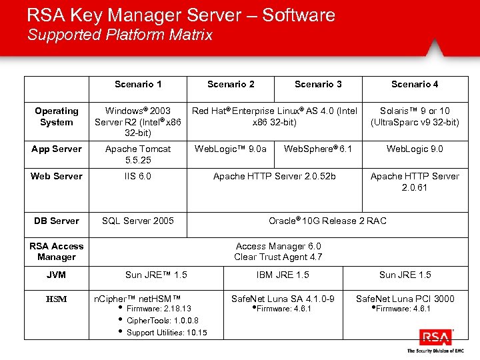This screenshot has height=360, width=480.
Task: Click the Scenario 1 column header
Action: click(138, 84)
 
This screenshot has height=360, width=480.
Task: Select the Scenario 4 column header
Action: click(415, 84)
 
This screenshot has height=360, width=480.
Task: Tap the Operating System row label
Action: click(57, 117)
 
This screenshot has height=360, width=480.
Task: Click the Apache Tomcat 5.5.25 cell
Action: click(138, 155)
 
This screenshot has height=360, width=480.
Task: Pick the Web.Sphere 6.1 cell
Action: click(318, 149)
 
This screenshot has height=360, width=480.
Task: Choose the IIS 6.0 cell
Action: click(138, 176)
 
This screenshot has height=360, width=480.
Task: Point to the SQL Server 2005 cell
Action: click(138, 221)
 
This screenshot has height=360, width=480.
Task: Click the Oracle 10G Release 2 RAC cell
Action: click(327, 221)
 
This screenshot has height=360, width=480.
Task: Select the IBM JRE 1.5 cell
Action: click(283, 275)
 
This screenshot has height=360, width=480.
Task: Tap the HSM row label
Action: click(57, 299)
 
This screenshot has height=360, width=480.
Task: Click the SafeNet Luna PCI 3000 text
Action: click(405, 299)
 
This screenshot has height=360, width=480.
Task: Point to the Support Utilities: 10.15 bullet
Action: click(167, 333)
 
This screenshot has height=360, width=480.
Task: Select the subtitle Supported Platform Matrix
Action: click(120, 35)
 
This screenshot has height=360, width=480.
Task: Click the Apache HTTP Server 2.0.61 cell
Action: click(415, 181)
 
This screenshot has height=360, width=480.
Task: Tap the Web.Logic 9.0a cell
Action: click(231, 149)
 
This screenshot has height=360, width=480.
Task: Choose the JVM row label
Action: click(57, 275)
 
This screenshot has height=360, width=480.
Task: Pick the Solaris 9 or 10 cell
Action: click(415, 117)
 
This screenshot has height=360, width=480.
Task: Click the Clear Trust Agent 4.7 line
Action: click(278, 257)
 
